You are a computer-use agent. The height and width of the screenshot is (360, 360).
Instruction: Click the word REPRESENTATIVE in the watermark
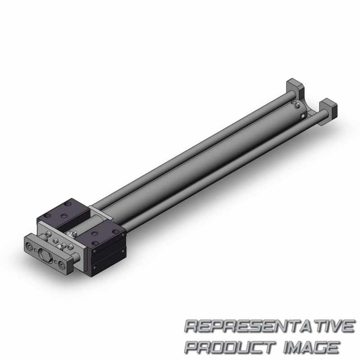coord(269,326)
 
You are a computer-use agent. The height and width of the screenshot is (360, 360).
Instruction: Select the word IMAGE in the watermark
coord(311,347)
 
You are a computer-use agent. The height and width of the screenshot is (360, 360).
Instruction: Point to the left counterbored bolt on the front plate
coord(29,247)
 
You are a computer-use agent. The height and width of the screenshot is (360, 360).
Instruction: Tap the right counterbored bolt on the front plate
coord(62,265)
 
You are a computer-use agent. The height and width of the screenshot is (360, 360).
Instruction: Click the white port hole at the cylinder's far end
coord(303,116)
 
